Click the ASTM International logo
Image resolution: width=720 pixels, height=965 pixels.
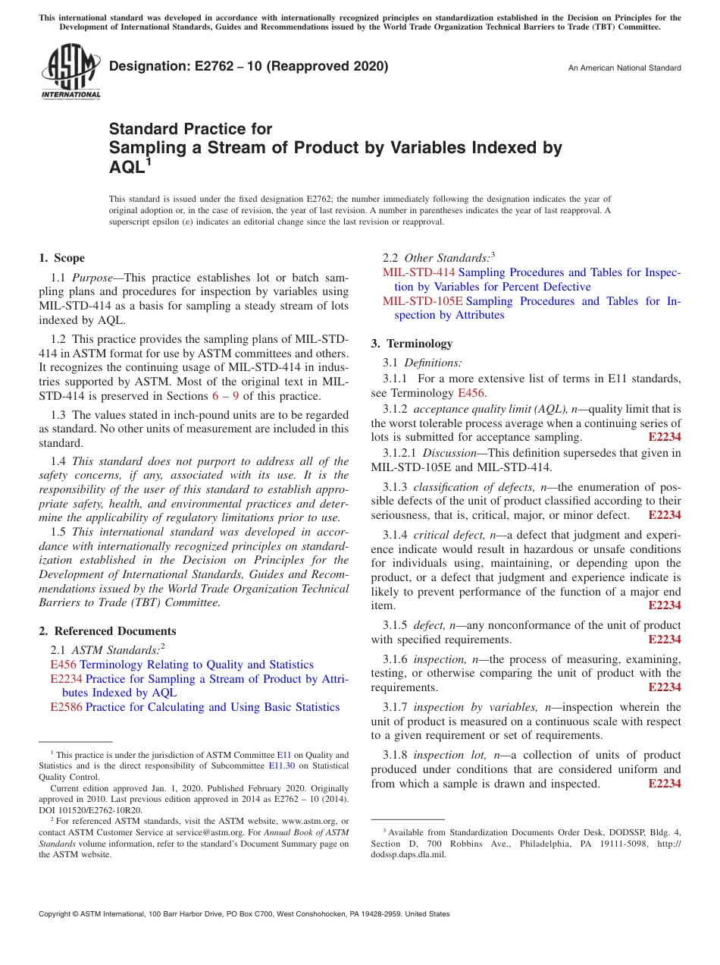(70, 71)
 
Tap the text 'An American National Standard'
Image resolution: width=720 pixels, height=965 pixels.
(624, 68)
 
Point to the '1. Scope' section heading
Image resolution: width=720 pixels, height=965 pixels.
(62, 258)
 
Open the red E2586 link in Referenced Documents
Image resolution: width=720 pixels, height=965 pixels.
(66, 707)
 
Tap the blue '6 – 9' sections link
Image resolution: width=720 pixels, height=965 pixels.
(226, 396)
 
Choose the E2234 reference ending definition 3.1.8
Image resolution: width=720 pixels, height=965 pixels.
(664, 784)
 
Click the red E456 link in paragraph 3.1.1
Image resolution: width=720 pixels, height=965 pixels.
(471, 393)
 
